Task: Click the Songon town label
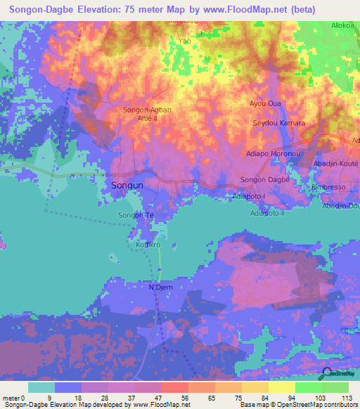pyautogui.click(x=127, y=186)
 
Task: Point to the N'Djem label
pyautogui.click(x=160, y=287)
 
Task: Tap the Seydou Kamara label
pyautogui.click(x=278, y=123)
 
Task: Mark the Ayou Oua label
pyautogui.click(x=265, y=104)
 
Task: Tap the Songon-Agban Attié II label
pyautogui.click(x=147, y=114)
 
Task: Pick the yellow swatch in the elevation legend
pyautogui.click(x=282, y=387)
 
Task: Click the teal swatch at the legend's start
pyautogui.click(x=41, y=387)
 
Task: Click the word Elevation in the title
pyautogui.click(x=89, y=10)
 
